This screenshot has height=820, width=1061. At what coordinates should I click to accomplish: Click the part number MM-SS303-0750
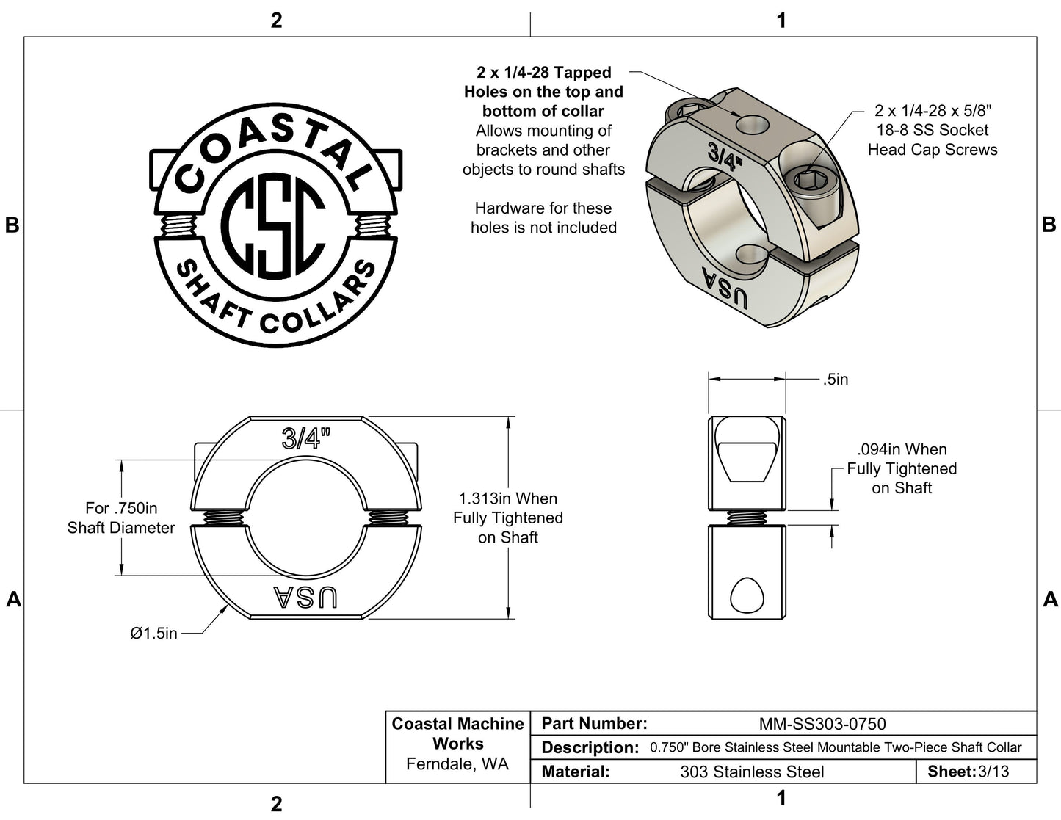pos(822,724)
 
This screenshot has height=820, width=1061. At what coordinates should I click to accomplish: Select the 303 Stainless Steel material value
pos(752,772)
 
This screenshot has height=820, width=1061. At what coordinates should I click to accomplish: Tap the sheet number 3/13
pos(993,772)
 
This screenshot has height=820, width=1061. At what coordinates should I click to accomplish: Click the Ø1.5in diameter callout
pos(153,633)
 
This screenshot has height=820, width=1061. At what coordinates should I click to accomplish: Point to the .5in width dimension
pos(835,380)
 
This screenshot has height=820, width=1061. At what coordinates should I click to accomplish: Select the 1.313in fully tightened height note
pos(507,518)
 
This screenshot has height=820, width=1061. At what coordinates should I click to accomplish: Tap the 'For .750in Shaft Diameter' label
pos(121,518)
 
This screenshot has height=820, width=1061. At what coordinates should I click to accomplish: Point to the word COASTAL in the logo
pos(272,150)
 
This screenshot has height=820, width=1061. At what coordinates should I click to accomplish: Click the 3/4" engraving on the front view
pos(306,439)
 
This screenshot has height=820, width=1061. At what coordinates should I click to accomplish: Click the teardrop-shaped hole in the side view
pos(747,595)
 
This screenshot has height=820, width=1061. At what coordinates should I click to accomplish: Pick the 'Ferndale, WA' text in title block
pos(457,764)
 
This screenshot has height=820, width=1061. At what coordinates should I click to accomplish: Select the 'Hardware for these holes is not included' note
pos(543,218)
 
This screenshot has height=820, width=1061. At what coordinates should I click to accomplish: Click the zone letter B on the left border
pos(12,225)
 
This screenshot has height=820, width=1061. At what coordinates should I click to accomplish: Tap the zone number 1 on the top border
pos(781,20)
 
